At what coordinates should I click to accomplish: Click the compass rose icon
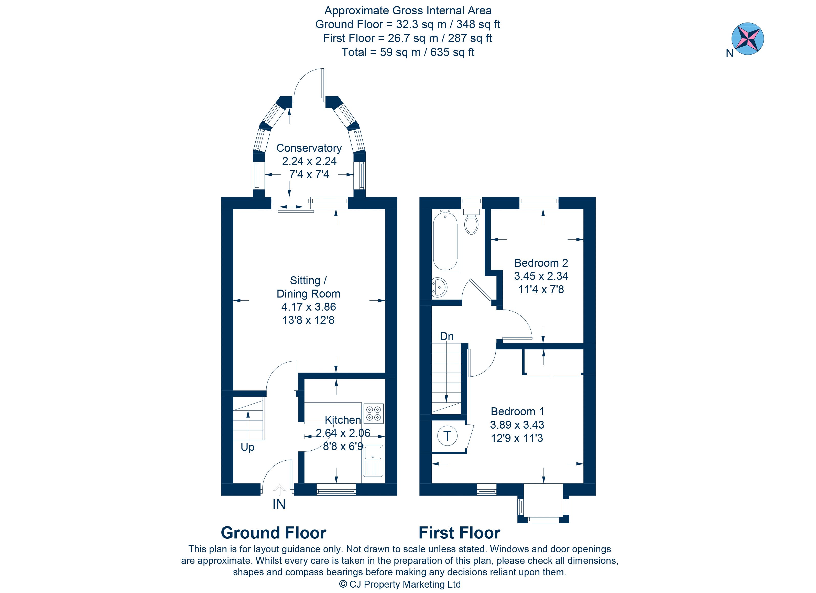[748, 38]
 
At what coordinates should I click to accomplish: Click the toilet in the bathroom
[471, 221]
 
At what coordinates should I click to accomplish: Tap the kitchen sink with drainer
[373, 465]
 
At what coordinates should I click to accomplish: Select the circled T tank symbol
[447, 436]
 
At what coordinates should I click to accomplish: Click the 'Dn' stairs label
[447, 336]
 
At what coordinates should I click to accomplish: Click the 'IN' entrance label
[279, 505]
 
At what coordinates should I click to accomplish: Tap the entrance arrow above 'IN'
[279, 490]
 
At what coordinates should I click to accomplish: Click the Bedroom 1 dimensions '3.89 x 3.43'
[517, 425]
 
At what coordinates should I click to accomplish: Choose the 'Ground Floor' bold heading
[274, 533]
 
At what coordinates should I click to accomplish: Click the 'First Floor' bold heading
[460, 533]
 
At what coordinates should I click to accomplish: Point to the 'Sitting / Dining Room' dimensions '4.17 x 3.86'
[309, 307]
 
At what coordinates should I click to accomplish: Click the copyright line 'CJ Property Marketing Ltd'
[405, 584]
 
